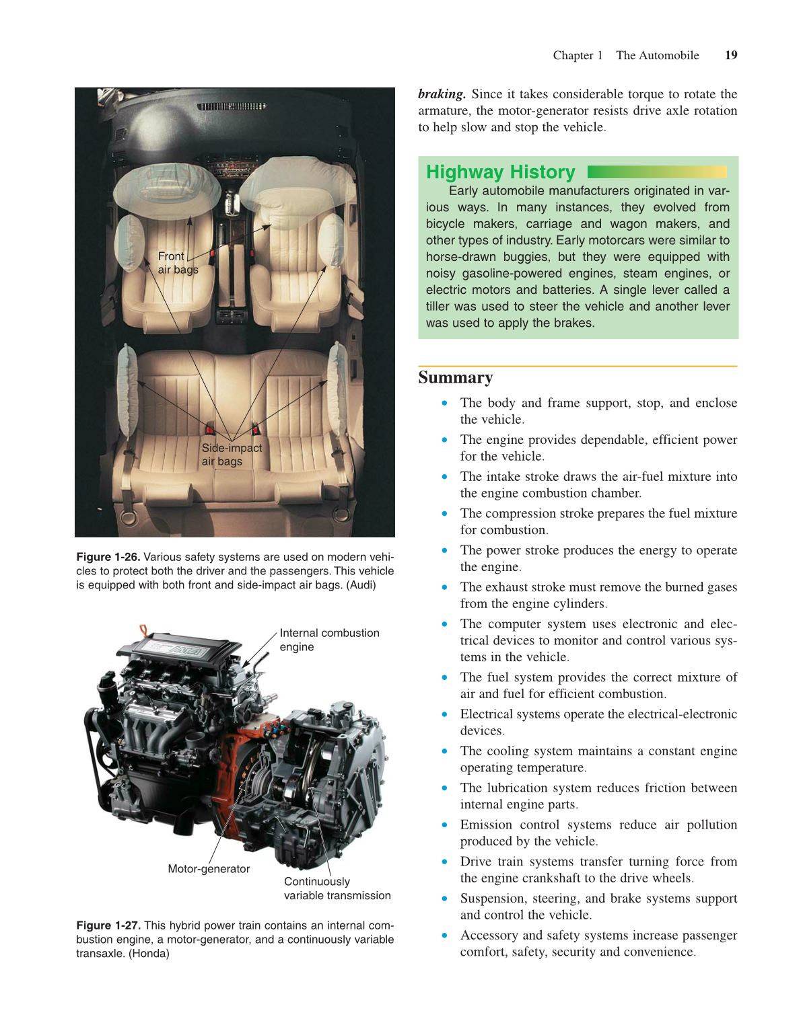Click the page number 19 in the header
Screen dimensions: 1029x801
[x=731, y=55]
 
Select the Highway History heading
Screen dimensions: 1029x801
[x=500, y=172]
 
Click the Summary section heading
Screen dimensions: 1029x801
[x=455, y=377]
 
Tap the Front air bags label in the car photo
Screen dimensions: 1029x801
[x=178, y=263]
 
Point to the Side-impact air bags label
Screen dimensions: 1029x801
[x=232, y=455]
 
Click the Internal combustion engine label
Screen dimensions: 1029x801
[x=329, y=640]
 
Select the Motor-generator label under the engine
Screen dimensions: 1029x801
[x=209, y=868]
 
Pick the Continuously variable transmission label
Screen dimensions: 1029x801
[x=337, y=888]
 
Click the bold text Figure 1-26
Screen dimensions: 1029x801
[x=108, y=557]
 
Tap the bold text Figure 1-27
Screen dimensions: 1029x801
[x=108, y=925]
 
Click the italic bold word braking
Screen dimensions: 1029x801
[x=442, y=94]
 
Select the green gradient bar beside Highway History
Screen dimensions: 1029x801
[x=657, y=172]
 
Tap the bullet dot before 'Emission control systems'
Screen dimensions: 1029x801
[x=444, y=825]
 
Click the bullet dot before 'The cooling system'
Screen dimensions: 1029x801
[x=444, y=751]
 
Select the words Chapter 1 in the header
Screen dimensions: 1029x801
[x=578, y=55]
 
